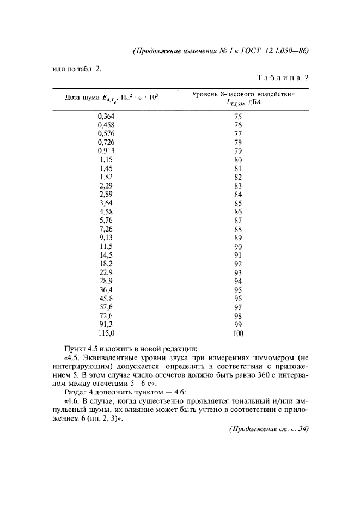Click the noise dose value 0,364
106,116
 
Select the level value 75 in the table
237,116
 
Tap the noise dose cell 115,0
106,333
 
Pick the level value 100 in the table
237,333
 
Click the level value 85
237,203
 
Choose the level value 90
237,246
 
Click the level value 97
237,307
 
